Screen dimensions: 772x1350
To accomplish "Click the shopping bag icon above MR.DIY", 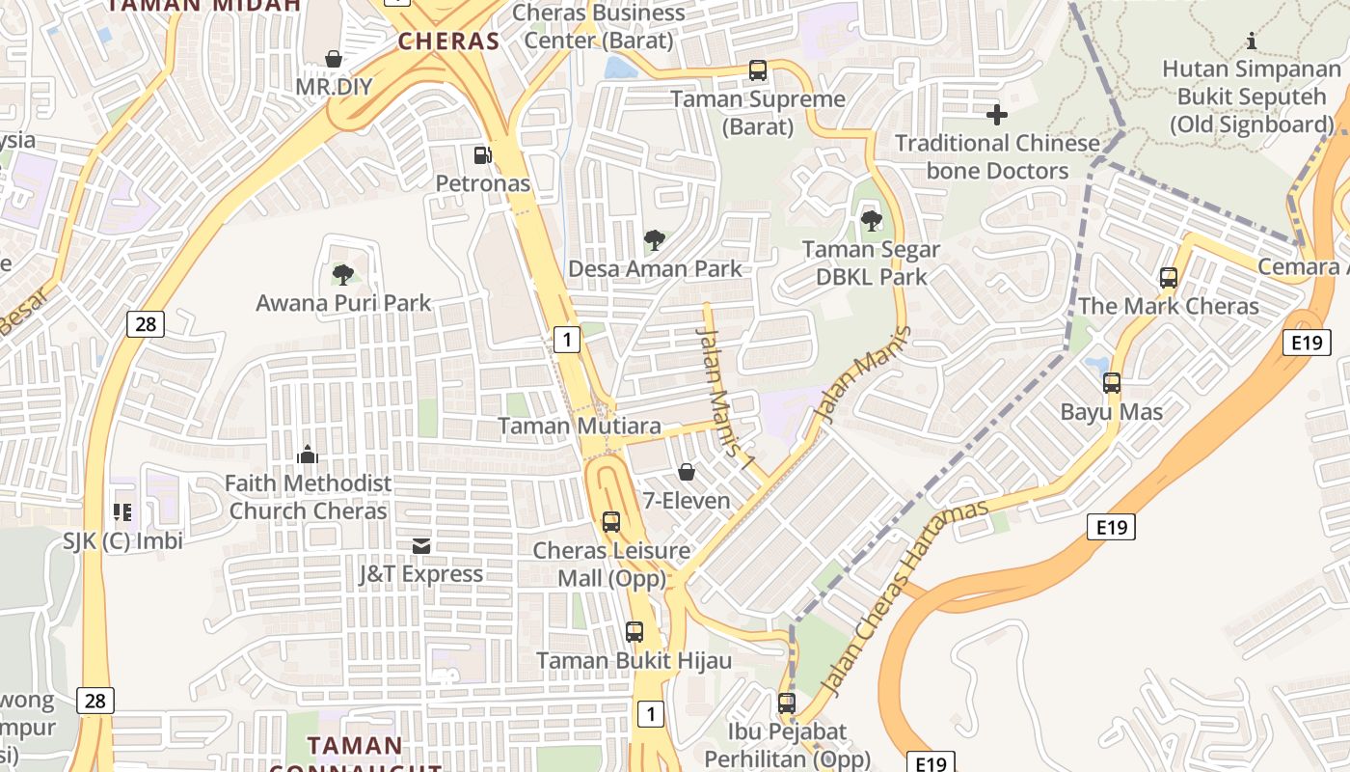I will pyautogui.click(x=334, y=60).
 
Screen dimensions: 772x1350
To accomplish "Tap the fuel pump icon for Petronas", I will pyautogui.click(x=482, y=154).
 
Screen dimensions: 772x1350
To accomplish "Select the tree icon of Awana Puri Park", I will pyautogui.click(x=342, y=275).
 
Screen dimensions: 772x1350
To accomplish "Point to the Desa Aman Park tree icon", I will pyautogui.click(x=655, y=239).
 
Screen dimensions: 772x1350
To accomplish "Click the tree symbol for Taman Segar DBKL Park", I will pyautogui.click(x=872, y=221).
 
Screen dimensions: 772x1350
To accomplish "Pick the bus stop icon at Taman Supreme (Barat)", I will pyautogui.click(x=758, y=70).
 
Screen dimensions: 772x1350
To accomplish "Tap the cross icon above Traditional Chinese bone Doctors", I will pyautogui.click(x=997, y=116).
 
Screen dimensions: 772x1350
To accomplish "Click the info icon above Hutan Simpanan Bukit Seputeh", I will pyautogui.click(x=1252, y=41).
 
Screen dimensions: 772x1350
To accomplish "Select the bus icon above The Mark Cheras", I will pyautogui.click(x=1169, y=278).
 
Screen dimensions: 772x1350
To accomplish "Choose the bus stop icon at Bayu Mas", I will pyautogui.click(x=1112, y=383).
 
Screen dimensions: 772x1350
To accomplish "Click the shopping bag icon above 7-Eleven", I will pyautogui.click(x=687, y=472).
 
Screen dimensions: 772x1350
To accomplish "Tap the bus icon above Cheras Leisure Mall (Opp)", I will pyautogui.click(x=611, y=522).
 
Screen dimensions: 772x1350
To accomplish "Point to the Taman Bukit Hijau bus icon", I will pyautogui.click(x=634, y=632).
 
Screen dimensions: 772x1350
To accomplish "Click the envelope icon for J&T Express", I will pyautogui.click(x=421, y=546).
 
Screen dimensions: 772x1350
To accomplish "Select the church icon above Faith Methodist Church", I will pyautogui.click(x=308, y=454).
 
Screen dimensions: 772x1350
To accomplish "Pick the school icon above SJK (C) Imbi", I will pyautogui.click(x=122, y=511).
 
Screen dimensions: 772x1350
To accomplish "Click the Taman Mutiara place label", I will pyautogui.click(x=580, y=426).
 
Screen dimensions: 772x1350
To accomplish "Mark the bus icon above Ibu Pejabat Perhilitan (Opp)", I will pyautogui.click(x=787, y=703).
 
